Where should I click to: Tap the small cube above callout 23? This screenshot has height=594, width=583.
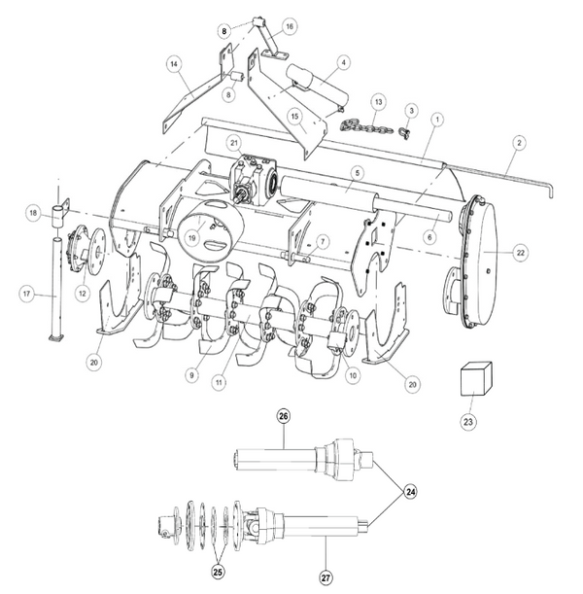(474, 377)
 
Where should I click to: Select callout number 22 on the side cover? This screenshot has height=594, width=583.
(521, 253)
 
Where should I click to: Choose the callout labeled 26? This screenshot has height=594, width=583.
(284, 417)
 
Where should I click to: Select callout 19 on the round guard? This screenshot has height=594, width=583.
(193, 236)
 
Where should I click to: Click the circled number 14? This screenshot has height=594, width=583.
(174, 64)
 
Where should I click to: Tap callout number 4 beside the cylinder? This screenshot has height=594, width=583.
(344, 62)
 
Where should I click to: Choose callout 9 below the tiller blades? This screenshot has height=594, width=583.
(192, 374)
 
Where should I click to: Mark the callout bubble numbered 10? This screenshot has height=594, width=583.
(352, 373)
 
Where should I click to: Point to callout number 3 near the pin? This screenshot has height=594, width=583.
(411, 111)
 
